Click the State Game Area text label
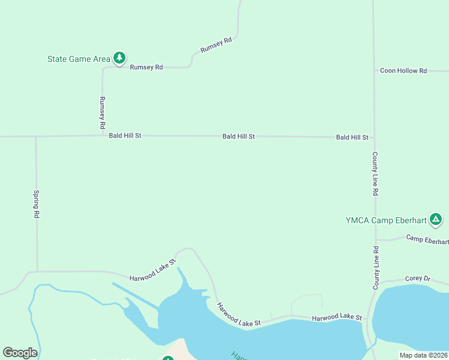pyautogui.click(x=79, y=59)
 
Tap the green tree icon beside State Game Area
pyautogui.click(x=119, y=58)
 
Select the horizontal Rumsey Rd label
pyautogui.click(x=146, y=67)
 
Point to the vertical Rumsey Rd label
pyautogui.click(x=103, y=113)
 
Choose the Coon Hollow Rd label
pyautogui.click(x=403, y=71)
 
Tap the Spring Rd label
pyautogui.click(x=37, y=204)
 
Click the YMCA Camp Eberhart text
pyautogui.click(x=386, y=220)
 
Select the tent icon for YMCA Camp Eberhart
pyautogui.click(x=436, y=220)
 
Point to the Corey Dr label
pyautogui.click(x=418, y=279)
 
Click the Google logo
pyautogui.click(x=20, y=353)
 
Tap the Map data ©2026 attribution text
pyautogui.click(x=424, y=355)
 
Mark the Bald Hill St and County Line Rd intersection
pyautogui.click(x=374, y=137)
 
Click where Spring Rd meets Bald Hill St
pyautogui.click(x=36, y=137)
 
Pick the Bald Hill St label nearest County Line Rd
pyautogui.click(x=352, y=137)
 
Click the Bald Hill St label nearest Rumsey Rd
pyautogui.click(x=125, y=136)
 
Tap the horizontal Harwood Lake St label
pyautogui.click(x=337, y=317)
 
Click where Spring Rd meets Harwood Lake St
pyautogui.click(x=37, y=271)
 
